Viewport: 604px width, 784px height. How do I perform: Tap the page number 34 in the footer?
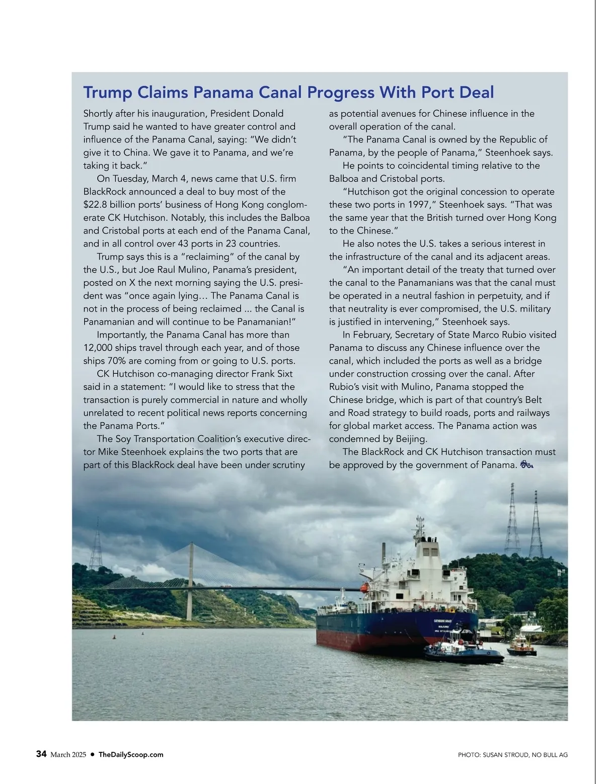[41, 754]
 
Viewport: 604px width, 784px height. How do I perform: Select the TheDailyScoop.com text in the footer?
[131, 754]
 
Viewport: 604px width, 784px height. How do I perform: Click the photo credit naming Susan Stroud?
[512, 754]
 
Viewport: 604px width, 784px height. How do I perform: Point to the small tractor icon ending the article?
[526, 464]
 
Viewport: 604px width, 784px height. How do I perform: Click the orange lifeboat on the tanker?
[365, 587]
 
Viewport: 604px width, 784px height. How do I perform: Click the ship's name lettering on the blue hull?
[442, 621]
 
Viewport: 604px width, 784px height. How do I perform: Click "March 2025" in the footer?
[68, 754]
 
